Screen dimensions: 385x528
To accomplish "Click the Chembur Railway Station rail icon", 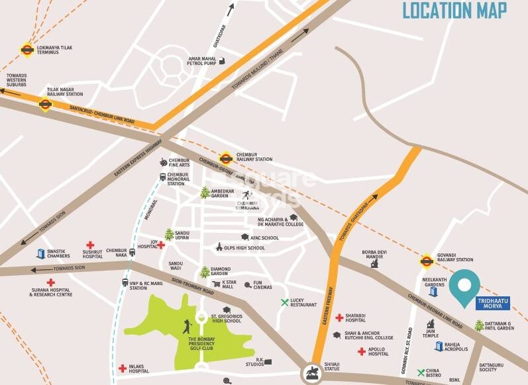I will tap(226, 158).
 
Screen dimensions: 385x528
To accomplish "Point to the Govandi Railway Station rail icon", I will tap(426, 260).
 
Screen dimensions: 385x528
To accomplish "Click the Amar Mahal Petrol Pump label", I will tap(203, 61).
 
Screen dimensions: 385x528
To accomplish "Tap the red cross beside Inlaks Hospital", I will tap(123, 368).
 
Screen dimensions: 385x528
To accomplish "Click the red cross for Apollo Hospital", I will tap(362, 351).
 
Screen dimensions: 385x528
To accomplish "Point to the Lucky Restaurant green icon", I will tap(285, 302).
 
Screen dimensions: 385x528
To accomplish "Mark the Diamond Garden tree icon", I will tap(205, 272).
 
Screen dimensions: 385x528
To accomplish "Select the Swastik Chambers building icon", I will tap(40, 253).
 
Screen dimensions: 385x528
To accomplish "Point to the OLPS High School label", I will tap(245, 248).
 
